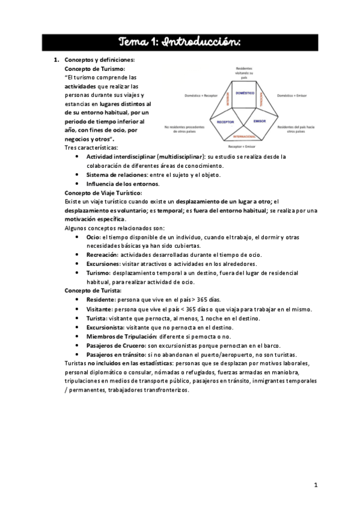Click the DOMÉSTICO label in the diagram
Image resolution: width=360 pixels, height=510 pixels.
coord(245,94)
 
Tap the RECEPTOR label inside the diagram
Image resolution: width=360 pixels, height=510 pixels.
coord(225,121)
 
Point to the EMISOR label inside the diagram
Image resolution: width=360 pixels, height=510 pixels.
coord(260,121)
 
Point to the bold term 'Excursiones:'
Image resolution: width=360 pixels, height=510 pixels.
coord(103,263)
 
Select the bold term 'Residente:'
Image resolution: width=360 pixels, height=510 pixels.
coord(101,299)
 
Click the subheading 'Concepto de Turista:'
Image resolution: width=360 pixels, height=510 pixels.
coord(92,290)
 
